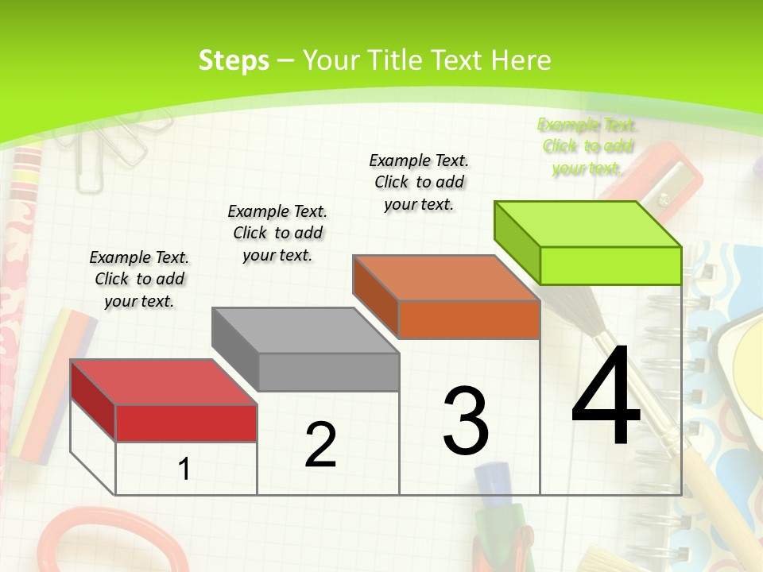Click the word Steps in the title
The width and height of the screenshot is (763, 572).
(234, 60)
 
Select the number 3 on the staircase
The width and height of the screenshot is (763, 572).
(466, 420)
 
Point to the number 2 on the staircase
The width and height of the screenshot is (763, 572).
(320, 445)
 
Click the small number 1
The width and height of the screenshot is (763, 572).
(184, 469)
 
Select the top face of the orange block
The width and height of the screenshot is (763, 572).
(445, 278)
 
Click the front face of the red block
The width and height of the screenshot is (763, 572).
(186, 423)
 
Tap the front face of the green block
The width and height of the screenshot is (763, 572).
(610, 265)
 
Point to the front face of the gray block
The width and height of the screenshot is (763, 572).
(328, 372)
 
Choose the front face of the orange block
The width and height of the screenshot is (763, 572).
(469, 319)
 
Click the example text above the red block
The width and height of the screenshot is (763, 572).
(139, 279)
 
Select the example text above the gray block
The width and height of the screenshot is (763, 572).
(277, 233)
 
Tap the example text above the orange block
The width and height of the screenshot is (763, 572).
(419, 182)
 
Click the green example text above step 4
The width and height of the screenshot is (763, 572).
(587, 146)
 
